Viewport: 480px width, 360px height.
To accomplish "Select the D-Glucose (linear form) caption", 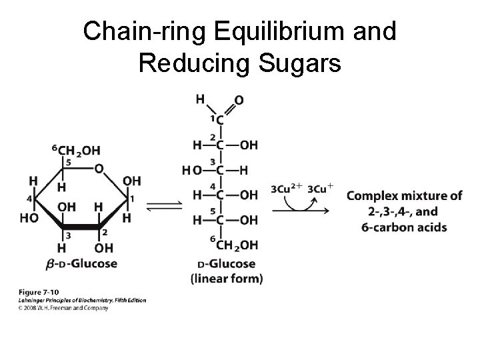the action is pyautogui.click(x=227, y=271).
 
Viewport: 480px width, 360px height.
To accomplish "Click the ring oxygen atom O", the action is pyautogui.click(x=99, y=169).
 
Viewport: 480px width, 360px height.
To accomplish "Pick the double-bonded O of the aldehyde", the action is pyautogui.click(x=238, y=101).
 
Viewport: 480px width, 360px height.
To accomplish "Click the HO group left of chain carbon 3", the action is pyautogui.click(x=190, y=170).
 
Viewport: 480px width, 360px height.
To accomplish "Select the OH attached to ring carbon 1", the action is pyautogui.click(x=132, y=181).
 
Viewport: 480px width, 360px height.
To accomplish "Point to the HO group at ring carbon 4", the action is pyautogui.click(x=28, y=218).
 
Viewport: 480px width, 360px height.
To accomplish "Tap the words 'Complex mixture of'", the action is pyautogui.click(x=404, y=196).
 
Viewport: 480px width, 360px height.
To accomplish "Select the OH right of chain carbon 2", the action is pyautogui.click(x=248, y=145).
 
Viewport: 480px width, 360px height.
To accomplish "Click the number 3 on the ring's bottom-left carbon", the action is pyautogui.click(x=67, y=234).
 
